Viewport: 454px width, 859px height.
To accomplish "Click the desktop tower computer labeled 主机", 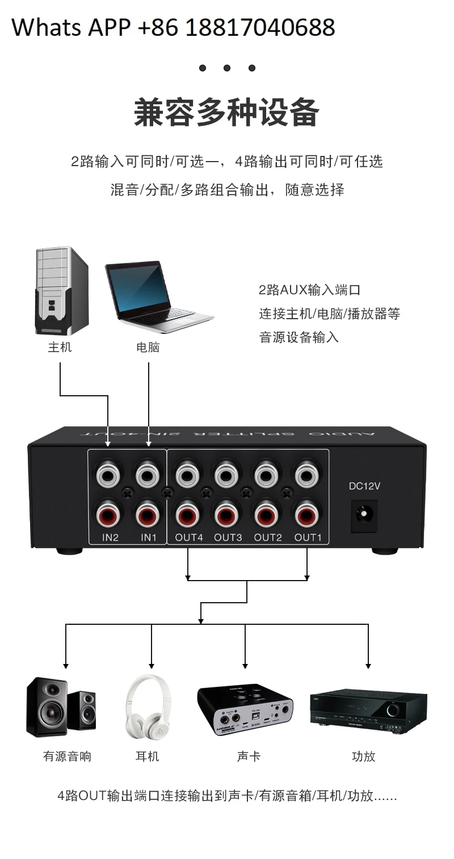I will pos(61,291).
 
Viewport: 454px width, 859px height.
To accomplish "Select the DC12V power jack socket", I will pos(363,514).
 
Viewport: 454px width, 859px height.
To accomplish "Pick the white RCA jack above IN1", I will pos(148,473).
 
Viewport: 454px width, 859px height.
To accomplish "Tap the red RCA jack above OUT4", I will pos(188,514).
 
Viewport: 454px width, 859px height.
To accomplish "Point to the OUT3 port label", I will pos(228,537).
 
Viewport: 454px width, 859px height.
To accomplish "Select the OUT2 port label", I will pos(268,537).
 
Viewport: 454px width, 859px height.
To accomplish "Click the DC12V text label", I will pos(364,486).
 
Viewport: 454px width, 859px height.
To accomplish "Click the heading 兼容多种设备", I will pos(226,112).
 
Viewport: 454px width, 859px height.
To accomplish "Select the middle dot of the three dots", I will pos(227,68).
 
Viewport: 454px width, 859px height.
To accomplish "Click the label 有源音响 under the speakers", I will pos(67,756).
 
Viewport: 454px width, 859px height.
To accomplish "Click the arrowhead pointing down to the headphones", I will pos(152,665).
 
